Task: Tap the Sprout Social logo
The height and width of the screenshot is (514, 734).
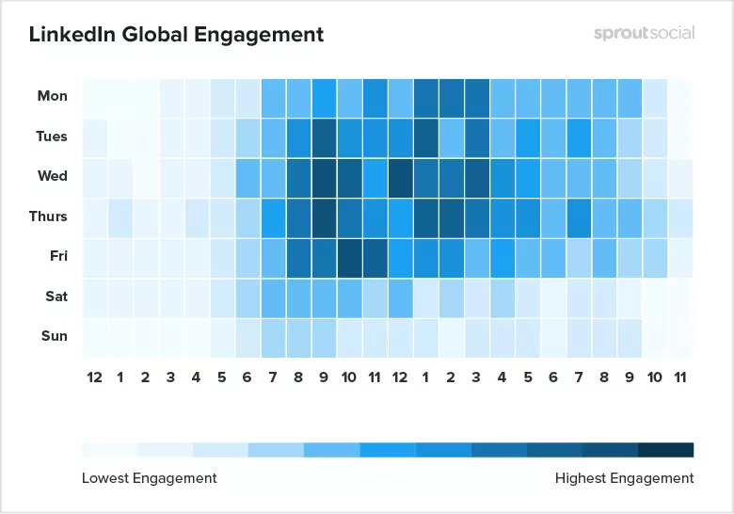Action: point(644,33)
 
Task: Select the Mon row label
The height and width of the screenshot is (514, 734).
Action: point(53,96)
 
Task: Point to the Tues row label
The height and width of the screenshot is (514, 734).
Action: point(52,137)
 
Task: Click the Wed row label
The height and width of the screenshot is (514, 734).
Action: point(53,176)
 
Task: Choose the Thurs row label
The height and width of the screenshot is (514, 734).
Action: point(48,217)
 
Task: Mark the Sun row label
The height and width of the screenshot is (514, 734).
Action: point(54,336)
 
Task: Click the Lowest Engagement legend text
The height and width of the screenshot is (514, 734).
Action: point(149,478)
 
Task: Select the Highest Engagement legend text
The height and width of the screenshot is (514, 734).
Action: point(624,478)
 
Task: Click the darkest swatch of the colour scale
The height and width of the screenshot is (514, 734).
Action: point(665,449)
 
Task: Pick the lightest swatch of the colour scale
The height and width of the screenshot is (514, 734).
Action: point(109,449)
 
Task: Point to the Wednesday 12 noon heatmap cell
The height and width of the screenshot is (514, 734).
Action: point(401,177)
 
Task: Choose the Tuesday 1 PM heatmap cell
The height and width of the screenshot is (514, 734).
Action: point(426,137)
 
